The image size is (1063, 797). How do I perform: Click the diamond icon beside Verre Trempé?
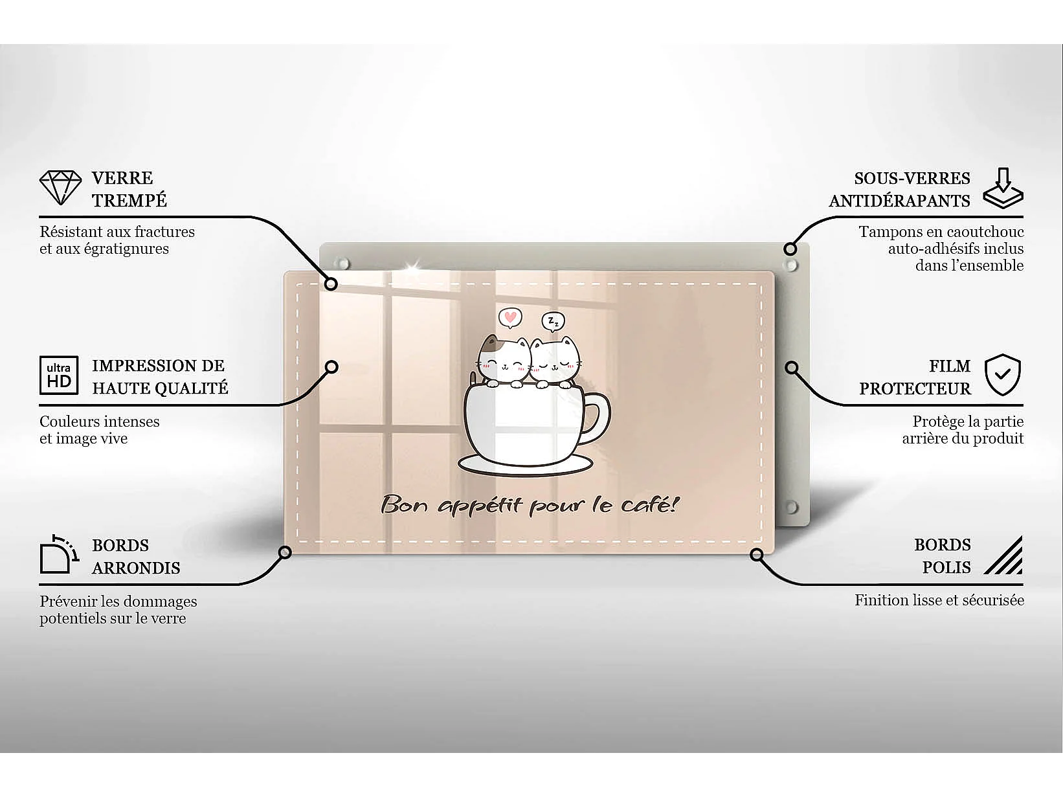[x=60, y=188]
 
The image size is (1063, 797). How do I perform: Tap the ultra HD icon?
[x=59, y=376]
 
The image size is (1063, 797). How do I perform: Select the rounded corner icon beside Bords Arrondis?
[x=59, y=555]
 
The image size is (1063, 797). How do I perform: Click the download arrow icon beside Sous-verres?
[x=1003, y=188]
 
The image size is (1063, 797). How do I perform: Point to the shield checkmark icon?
[x=1002, y=375]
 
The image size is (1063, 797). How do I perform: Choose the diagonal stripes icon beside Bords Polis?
[x=1003, y=556]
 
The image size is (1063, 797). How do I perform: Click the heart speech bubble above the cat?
[x=510, y=318]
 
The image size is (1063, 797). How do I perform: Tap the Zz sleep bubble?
[x=553, y=321]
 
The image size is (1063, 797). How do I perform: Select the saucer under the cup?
[x=524, y=464]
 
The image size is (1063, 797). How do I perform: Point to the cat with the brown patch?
[x=504, y=362]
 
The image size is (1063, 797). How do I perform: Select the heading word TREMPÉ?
[x=129, y=201]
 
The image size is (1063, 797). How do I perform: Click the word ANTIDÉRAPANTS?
[x=899, y=201]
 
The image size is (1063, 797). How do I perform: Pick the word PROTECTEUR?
[x=915, y=388]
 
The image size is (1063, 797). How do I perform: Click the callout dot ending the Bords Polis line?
[x=757, y=555]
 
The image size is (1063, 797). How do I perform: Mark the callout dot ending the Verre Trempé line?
[x=331, y=284]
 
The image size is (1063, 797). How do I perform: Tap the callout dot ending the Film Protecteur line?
[x=791, y=368]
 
